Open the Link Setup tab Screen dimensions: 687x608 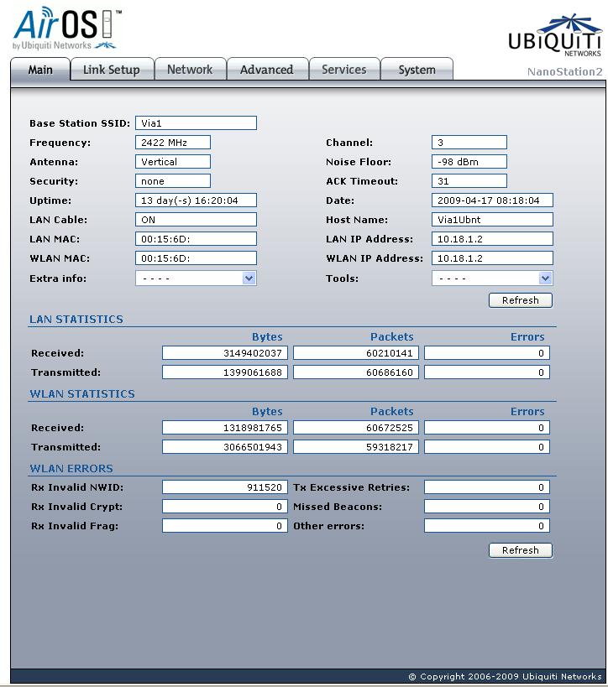(111, 70)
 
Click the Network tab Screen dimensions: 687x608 (190, 70)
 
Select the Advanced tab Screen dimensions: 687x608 (266, 70)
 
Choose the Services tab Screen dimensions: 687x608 (343, 70)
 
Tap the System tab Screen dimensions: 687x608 (417, 70)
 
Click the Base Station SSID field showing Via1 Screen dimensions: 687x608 (196, 123)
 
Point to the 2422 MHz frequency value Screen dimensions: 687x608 (173, 143)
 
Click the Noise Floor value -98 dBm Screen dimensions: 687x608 (469, 162)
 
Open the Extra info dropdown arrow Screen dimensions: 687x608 (249, 278)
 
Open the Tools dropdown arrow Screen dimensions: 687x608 (545, 278)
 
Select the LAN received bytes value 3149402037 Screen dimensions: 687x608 (224, 353)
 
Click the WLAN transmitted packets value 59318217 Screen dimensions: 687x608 (355, 447)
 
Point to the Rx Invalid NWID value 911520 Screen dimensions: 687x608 (224, 487)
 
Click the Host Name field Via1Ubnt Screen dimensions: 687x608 (492, 220)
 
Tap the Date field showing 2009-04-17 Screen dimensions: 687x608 (492, 200)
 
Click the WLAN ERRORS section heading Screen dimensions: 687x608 (71, 469)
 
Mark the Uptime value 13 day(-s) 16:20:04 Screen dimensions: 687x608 (196, 200)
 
